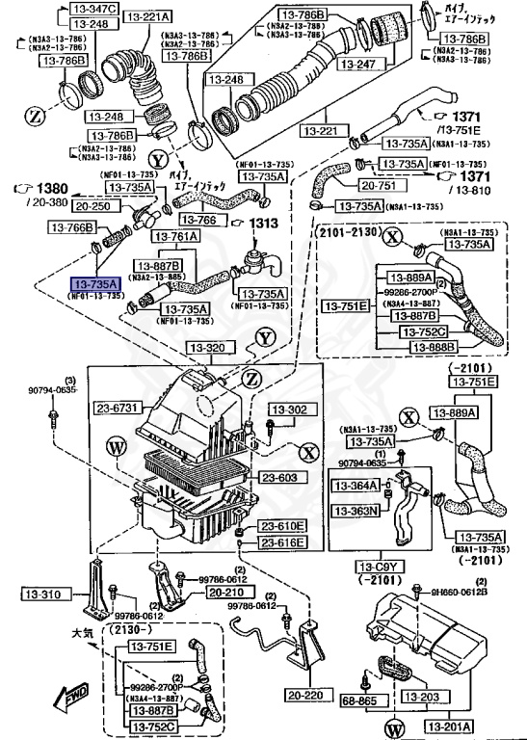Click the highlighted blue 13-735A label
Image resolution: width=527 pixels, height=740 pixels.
[x=93, y=285]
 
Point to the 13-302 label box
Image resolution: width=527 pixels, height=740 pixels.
[x=285, y=409]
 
